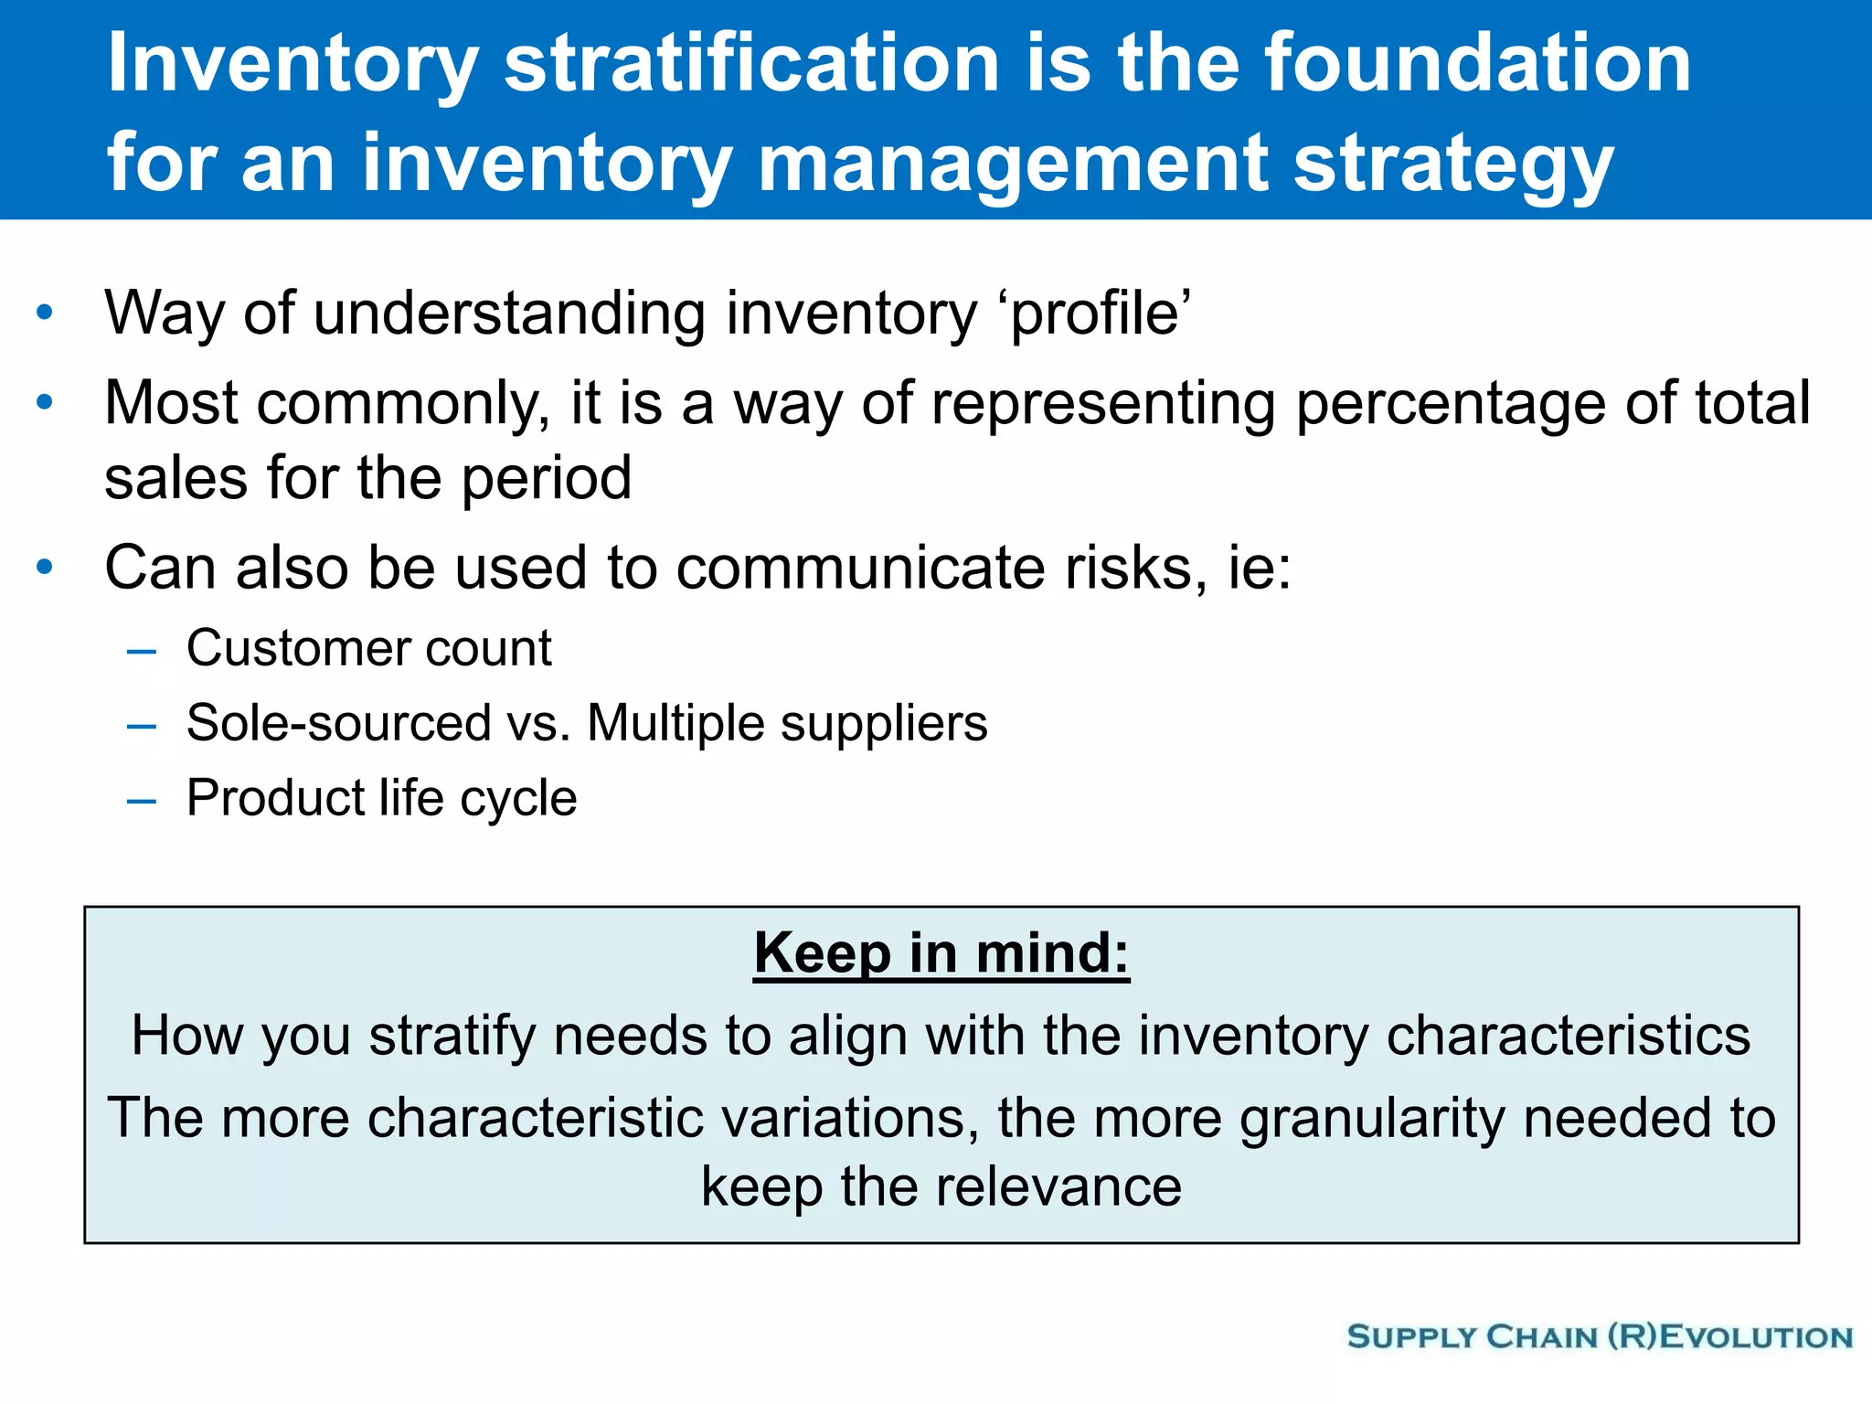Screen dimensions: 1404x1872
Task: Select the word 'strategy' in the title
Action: click(x=1453, y=165)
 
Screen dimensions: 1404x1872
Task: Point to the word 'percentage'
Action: click(x=1450, y=404)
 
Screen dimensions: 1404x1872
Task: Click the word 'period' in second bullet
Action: click(x=546, y=479)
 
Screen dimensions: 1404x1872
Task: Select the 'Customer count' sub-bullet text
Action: click(x=368, y=649)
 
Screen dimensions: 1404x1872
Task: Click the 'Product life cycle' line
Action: click(x=381, y=799)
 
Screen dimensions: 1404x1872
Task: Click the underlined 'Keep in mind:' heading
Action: click(x=941, y=954)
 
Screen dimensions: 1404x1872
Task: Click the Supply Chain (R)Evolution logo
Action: click(x=1600, y=1337)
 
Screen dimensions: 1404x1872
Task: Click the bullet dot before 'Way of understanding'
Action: click(x=45, y=314)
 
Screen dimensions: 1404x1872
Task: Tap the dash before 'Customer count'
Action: click(x=142, y=652)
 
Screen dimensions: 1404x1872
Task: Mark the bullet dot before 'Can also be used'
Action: click(x=45, y=568)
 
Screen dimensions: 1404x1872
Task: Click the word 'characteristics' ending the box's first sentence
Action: click(x=1568, y=1037)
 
